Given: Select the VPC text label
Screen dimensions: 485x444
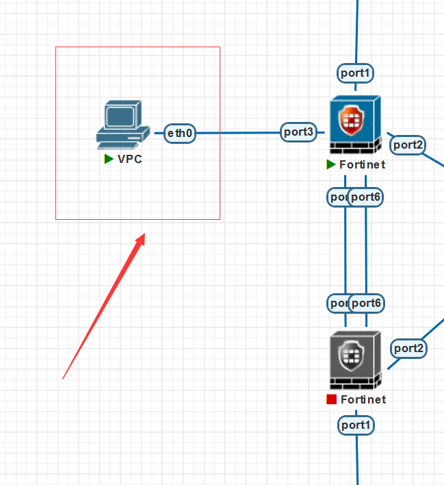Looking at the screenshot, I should pos(130,160).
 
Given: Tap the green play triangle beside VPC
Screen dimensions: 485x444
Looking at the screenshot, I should pos(108,160).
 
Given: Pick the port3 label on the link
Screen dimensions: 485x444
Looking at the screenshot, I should pos(299,132).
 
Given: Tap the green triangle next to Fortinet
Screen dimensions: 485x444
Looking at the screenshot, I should pos(331,164).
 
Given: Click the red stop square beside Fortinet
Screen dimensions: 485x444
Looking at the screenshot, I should pos(331,399).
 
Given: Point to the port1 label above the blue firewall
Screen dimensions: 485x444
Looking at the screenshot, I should pos(356,72).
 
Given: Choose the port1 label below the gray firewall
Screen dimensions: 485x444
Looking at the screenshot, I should pos(356,425).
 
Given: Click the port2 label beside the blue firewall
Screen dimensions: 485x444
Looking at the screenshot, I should pos(408,145).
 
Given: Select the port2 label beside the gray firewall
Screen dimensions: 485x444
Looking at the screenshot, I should pos(408,349).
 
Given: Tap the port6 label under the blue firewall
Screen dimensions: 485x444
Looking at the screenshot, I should pos(366,197).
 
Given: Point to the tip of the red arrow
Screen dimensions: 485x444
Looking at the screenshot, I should pos(145,234).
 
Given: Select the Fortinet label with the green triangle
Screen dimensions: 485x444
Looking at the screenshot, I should pos(363,164).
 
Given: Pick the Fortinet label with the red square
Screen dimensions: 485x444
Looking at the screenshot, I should pos(363,399).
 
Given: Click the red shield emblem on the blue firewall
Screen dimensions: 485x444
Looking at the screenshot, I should pos(352,121).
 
